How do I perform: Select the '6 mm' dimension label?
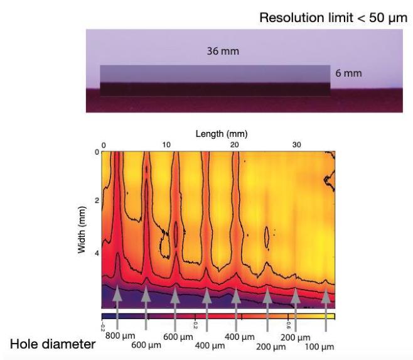click(348, 74)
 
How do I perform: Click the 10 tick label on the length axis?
click(166, 145)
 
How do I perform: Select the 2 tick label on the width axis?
click(96, 200)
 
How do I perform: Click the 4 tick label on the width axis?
click(96, 253)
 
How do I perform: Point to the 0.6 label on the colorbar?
click(289, 325)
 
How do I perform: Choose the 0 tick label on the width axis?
click(97, 152)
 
